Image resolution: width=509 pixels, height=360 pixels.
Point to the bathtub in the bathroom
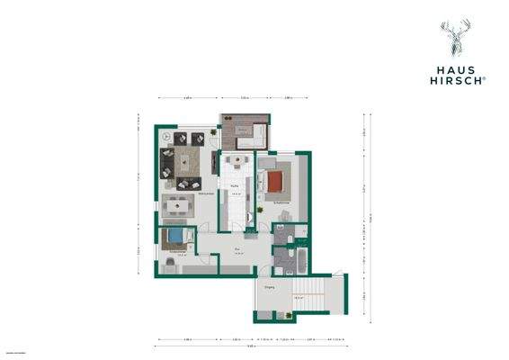pos(301,262)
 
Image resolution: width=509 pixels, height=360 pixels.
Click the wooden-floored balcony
pos(245,133)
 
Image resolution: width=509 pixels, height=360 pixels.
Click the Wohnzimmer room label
pos(205,193)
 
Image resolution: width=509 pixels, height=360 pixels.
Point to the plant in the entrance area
pos(285,314)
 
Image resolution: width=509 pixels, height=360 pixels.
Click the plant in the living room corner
pos(212,133)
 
